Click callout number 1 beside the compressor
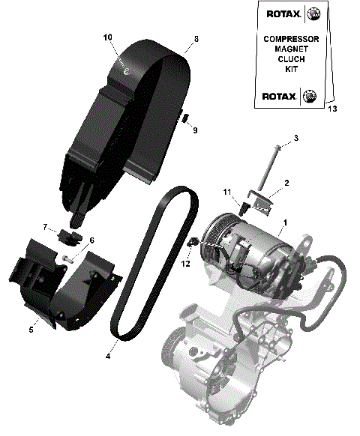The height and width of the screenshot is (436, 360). pyautogui.click(x=284, y=223)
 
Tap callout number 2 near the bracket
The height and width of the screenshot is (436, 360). pyautogui.click(x=286, y=182)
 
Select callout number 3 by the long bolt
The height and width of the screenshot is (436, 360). pyautogui.click(x=295, y=138)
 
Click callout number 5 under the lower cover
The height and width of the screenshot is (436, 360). pyautogui.click(x=31, y=328)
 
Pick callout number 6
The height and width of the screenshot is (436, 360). pyautogui.click(x=91, y=240)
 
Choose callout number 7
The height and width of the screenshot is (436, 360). pyautogui.click(x=45, y=226)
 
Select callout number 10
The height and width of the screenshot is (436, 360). pyautogui.click(x=107, y=37)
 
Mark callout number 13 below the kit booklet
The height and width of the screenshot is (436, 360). pyautogui.click(x=332, y=109)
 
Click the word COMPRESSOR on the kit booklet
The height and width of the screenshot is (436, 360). pyautogui.click(x=292, y=39)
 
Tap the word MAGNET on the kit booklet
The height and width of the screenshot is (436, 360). pyautogui.click(x=292, y=49)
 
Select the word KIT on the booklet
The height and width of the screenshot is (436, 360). pyautogui.click(x=292, y=68)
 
